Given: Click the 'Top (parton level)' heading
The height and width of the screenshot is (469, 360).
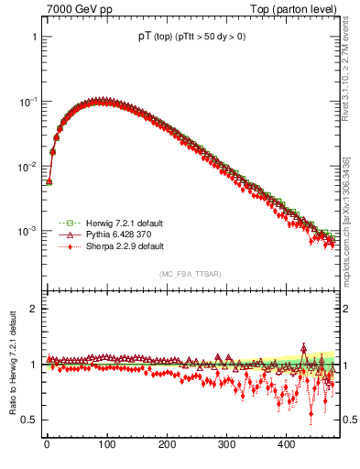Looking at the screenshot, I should point(298,9).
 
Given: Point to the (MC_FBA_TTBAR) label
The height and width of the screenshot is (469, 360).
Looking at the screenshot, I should point(190,274).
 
